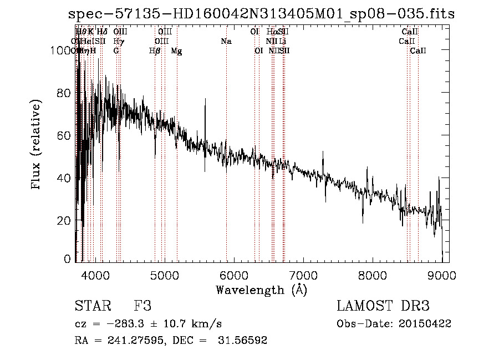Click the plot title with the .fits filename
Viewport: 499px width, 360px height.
261,14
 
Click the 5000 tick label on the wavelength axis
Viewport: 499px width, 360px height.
165,275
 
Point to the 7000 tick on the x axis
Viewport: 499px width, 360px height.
303,275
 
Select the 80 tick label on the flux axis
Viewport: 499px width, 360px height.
64,93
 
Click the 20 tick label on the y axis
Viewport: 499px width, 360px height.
64,221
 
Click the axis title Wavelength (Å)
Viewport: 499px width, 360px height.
261,290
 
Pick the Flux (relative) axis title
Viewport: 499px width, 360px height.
37,145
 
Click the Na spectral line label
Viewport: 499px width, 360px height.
226,41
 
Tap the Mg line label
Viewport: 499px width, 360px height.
176,51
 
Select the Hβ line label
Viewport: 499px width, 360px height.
155,51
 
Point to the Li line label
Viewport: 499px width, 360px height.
283,41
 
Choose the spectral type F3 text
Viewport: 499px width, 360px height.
142,306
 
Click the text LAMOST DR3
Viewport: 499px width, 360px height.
383,306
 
